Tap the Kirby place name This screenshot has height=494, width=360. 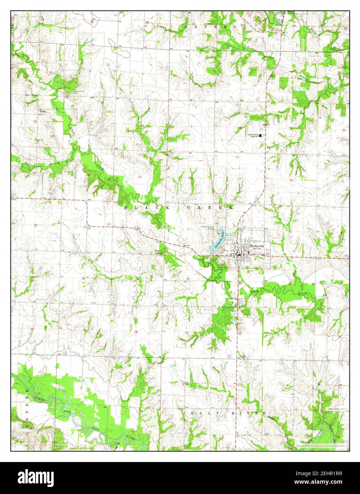click(43, 111)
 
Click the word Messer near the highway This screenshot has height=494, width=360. click(269, 57)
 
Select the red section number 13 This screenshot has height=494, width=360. click(140, 177)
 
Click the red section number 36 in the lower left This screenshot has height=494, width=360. click(136, 332)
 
